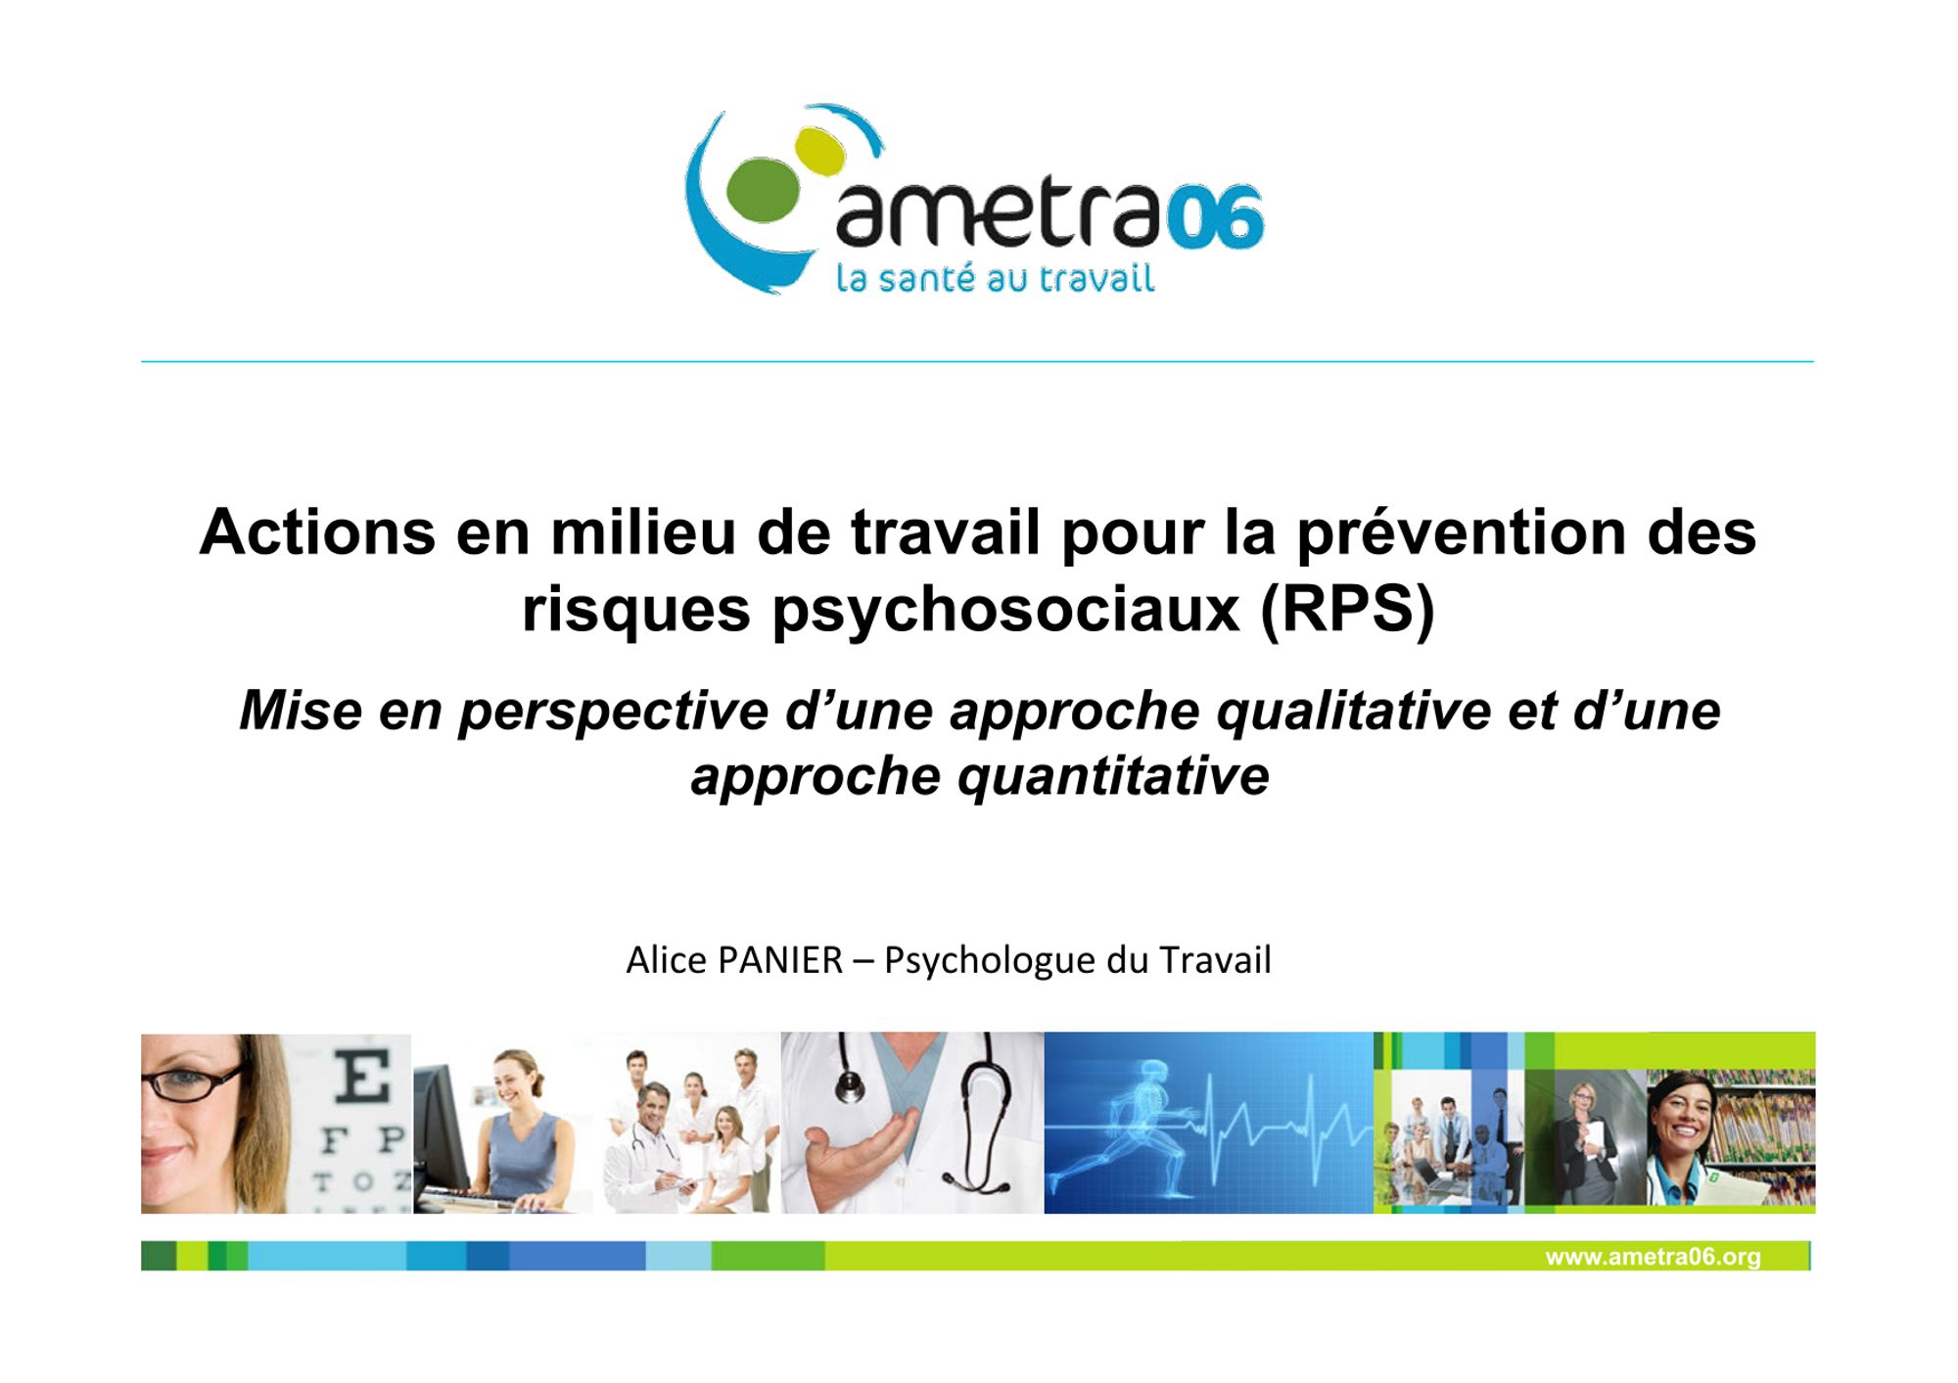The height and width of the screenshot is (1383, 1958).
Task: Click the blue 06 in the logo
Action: (1216, 216)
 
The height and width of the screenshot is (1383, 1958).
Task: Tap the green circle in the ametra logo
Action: (763, 190)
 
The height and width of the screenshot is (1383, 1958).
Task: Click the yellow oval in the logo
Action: (819, 151)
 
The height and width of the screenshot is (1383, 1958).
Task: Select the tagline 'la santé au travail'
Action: (995, 278)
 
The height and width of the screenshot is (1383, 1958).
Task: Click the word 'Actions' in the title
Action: (317, 532)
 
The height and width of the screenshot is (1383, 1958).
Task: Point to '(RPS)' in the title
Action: (1347, 609)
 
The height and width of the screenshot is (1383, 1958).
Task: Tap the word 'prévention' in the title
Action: (1462, 534)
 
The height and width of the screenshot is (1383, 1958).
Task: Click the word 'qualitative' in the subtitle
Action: (1353, 711)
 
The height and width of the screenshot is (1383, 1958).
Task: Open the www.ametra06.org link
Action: (1653, 1257)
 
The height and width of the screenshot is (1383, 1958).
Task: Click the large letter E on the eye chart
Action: (363, 1077)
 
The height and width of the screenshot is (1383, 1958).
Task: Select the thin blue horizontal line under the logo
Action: (977, 362)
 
